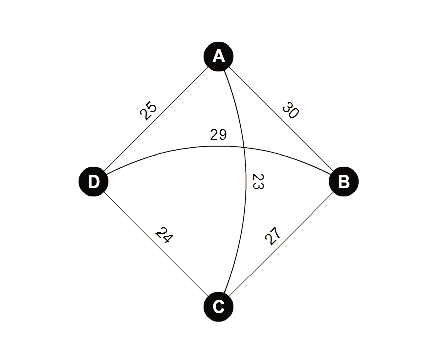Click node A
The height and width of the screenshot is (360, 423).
(218, 56)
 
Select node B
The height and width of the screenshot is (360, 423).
(343, 181)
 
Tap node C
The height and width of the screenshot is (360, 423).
(218, 306)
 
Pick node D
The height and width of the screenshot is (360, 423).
(93, 181)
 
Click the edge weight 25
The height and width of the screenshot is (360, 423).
(148, 108)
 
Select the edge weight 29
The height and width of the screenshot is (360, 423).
(218, 133)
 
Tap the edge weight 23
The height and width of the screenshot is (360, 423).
(257, 181)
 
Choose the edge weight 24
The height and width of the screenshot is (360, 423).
(165, 237)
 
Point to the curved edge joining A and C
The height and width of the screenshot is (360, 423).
(247, 230)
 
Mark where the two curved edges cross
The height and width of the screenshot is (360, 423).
(244, 146)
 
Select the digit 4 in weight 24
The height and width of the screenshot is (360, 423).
(169, 241)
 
